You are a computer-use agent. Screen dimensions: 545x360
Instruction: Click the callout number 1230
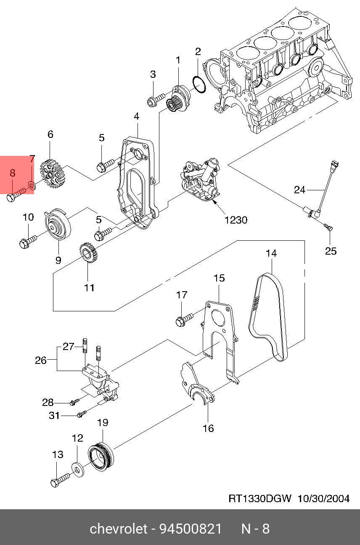(236, 220)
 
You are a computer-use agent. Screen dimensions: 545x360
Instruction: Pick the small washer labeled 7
(32, 184)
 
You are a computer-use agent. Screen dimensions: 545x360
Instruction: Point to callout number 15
(219, 278)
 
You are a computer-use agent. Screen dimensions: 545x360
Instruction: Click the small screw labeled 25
(329, 227)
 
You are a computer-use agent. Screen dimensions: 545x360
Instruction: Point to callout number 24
(299, 190)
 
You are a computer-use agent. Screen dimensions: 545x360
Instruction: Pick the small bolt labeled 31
(81, 415)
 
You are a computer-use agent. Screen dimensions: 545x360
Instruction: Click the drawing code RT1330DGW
(260, 499)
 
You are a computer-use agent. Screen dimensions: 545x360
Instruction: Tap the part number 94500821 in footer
(190, 529)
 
